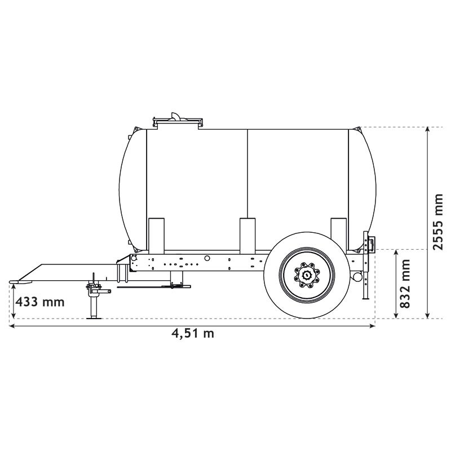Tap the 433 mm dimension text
pos(39,302)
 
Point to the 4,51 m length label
pos(193,333)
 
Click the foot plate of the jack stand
pos(94,317)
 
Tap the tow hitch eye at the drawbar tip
pos(17,280)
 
